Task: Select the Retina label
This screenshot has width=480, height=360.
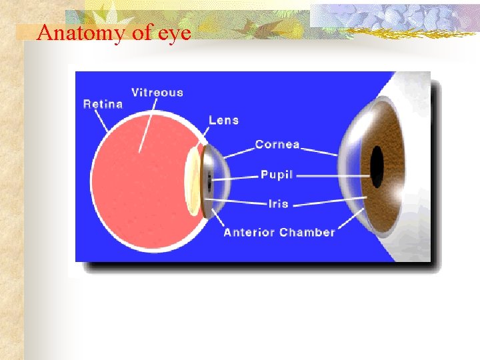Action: pos(103,103)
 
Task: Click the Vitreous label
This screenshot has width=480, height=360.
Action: pos(157,92)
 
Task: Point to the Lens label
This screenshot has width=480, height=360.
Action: pos(223,120)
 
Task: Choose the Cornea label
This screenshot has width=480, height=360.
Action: pos(277,144)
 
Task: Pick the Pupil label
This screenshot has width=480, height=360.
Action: pos(277,175)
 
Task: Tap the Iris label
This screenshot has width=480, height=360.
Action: pos(278,203)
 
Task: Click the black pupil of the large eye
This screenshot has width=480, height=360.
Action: pos(377,166)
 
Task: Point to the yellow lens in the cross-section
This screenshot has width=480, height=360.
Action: pos(193,180)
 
